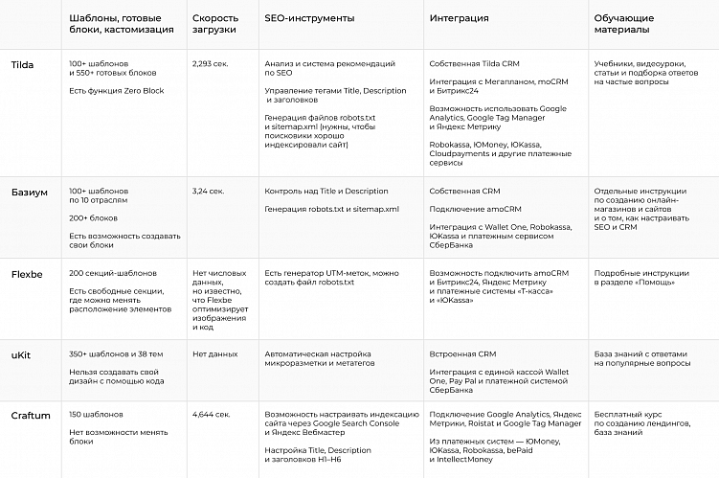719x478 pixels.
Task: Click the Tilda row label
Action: pos(22,64)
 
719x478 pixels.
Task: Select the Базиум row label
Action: pos(29,192)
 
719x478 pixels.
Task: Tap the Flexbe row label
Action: pos(27,274)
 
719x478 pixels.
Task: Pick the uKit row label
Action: pos(21,354)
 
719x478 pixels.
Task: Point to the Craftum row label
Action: pos(31,415)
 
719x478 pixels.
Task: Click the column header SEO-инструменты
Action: pos(309,18)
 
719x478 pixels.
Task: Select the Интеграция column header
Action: pos(460,18)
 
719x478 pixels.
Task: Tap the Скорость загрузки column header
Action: pos(215,24)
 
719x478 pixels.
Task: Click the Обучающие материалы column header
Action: pos(623,24)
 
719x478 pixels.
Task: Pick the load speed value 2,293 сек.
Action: pos(211,64)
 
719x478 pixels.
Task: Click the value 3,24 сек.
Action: pos(208,192)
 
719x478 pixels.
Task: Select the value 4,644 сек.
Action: pos(211,415)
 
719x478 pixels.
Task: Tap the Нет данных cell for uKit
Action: pos(214,354)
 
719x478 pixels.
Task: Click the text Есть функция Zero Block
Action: pos(116,91)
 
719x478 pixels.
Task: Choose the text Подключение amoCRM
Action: pos(475,209)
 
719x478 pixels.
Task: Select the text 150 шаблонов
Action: pos(96,415)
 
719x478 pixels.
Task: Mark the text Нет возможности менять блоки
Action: pos(108,437)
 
